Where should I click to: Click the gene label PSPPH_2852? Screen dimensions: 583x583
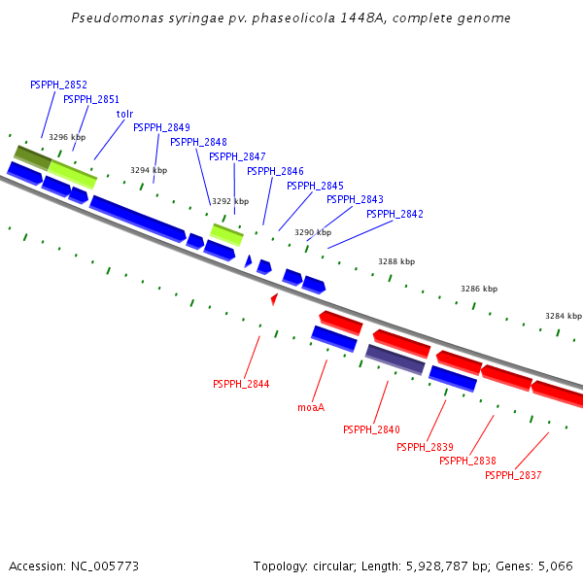(x=58, y=86)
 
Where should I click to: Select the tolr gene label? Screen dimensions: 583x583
(x=124, y=114)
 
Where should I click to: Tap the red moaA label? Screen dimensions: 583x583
(x=311, y=408)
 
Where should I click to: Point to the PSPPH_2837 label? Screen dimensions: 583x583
(x=513, y=475)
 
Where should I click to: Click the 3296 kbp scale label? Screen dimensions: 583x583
(x=67, y=138)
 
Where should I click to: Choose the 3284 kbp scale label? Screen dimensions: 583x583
(x=563, y=316)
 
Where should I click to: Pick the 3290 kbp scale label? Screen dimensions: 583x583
(x=313, y=233)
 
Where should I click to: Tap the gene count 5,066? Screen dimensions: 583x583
(x=554, y=566)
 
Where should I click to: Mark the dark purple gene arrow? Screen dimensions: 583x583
(x=394, y=360)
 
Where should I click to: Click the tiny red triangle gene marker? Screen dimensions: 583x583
(x=274, y=299)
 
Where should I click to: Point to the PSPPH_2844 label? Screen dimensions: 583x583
(x=241, y=384)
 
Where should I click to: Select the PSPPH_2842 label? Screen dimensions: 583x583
(x=394, y=214)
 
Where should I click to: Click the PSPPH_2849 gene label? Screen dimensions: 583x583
(x=161, y=127)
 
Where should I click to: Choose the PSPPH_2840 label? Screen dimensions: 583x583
(x=371, y=429)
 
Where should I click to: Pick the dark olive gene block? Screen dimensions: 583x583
(x=32, y=156)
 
